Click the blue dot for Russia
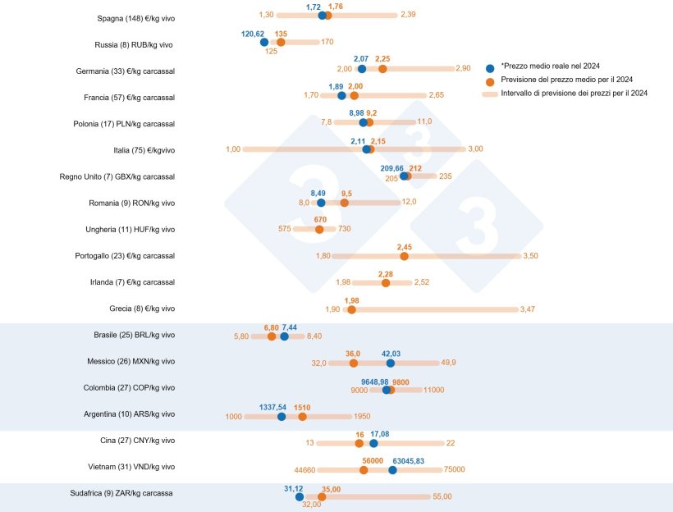pyautogui.click(x=263, y=42)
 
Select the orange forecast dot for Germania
pyautogui.click(x=382, y=69)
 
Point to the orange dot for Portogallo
pyautogui.click(x=404, y=256)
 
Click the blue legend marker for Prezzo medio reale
pyautogui.click(x=490, y=67)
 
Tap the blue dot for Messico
pyautogui.click(x=391, y=363)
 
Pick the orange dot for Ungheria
pyautogui.click(x=319, y=229)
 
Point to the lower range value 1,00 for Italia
pyautogui.click(x=232, y=149)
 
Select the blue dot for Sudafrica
pyautogui.click(x=300, y=496)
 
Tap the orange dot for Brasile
pyautogui.click(x=272, y=336)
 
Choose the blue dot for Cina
pyautogui.click(x=373, y=443)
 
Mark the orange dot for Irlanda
pyautogui.click(x=386, y=282)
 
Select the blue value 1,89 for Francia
pyautogui.click(x=336, y=86)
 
